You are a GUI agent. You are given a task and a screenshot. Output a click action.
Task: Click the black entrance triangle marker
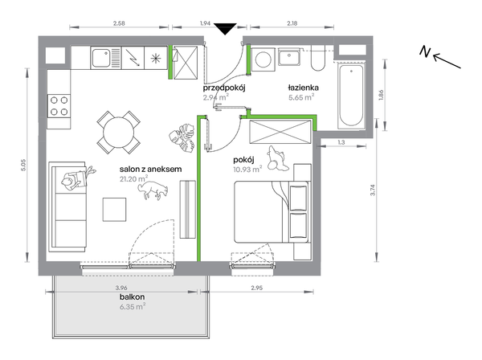225,29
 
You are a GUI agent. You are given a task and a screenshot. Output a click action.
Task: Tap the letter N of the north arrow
425,51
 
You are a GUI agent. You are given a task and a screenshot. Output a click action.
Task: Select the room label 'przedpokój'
224,88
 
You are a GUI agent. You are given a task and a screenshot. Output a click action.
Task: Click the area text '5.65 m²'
301,97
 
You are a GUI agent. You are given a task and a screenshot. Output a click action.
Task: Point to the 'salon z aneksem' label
151,169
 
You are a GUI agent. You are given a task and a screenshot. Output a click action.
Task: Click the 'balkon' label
133,297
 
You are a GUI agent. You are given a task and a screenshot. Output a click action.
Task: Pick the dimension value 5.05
25,165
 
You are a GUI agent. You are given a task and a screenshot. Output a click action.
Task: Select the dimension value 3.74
373,190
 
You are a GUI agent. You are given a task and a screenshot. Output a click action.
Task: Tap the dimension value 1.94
205,23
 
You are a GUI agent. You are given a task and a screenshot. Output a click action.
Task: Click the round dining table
119,133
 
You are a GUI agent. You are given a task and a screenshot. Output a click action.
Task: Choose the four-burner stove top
59,106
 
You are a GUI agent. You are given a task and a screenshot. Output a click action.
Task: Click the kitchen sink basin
101,58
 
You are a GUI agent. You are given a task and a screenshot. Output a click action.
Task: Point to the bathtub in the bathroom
351,96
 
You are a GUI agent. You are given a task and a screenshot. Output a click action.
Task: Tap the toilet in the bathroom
318,58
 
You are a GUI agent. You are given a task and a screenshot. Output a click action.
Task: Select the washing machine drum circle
263,59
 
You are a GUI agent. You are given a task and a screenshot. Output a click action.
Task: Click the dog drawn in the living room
153,190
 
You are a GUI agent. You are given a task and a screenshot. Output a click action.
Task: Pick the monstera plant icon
182,137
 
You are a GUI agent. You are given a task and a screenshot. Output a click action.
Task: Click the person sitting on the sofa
77,179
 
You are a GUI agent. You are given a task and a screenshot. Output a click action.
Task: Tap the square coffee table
114,210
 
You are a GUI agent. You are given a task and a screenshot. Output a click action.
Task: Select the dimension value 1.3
341,142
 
